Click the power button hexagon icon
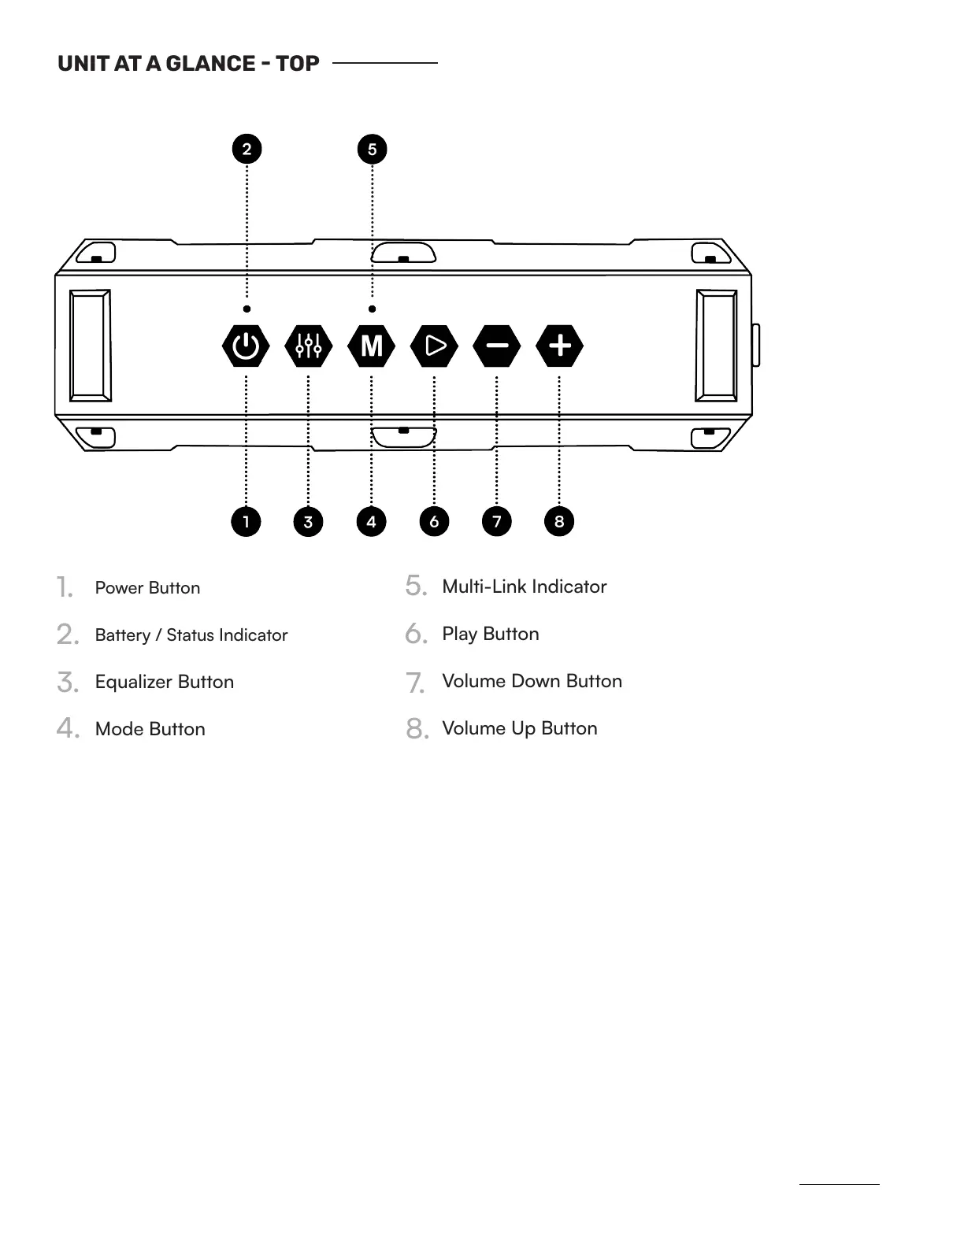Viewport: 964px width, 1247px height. click(x=246, y=346)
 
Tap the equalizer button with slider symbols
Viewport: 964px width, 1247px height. click(x=309, y=346)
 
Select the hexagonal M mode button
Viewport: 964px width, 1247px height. click(x=371, y=346)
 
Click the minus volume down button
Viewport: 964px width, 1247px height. click(x=497, y=346)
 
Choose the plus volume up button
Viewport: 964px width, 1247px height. click(x=559, y=346)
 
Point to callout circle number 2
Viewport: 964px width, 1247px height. click(x=247, y=149)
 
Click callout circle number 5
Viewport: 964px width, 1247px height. click(x=373, y=149)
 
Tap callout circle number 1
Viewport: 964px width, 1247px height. click(x=246, y=521)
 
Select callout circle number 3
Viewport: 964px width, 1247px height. click(x=308, y=521)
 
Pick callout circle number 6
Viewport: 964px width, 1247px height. click(x=434, y=521)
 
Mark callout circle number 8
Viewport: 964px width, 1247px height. click(x=559, y=521)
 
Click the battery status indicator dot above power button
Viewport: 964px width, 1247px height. click(x=247, y=309)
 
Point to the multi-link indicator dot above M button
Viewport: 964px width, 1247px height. click(x=373, y=309)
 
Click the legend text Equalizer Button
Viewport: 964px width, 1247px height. click(x=165, y=682)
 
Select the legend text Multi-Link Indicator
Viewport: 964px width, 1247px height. click(x=525, y=586)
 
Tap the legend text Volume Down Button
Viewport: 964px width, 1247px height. click(x=532, y=681)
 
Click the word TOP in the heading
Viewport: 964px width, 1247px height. click(x=298, y=64)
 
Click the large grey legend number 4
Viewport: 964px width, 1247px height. click(x=67, y=728)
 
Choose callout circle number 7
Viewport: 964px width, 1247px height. click(x=497, y=521)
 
